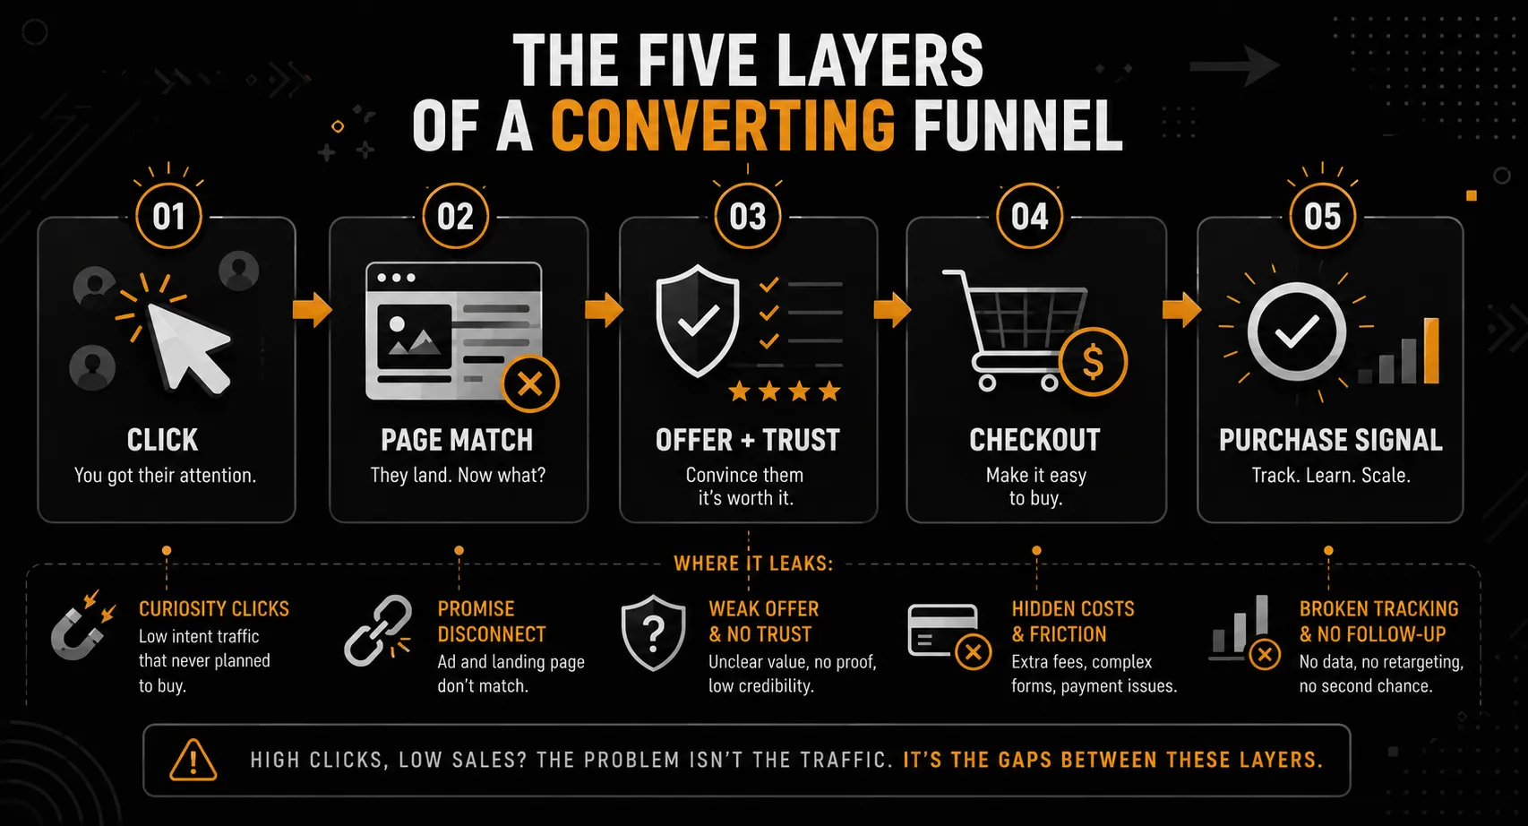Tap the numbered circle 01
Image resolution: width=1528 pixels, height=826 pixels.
pos(168,216)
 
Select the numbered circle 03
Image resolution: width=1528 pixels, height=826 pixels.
pos(748,216)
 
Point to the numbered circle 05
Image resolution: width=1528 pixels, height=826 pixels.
pos(1322,216)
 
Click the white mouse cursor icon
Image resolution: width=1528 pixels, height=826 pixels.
pos(185,347)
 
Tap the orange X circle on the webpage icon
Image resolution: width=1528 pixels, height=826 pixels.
pos(530,384)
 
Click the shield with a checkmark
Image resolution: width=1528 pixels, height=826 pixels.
pos(697,321)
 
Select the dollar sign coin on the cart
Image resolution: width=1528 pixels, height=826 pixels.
pos(1093,362)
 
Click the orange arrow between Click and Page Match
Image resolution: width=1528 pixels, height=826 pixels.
pos(312,310)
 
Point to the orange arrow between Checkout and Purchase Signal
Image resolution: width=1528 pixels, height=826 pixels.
pos(1181,310)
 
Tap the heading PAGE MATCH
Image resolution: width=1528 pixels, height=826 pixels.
pos(457,440)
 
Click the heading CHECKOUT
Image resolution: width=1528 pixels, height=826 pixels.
pos(1034,440)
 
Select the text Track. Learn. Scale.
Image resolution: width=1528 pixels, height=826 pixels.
pos(1331,475)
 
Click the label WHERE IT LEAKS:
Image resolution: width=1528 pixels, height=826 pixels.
pos(754,564)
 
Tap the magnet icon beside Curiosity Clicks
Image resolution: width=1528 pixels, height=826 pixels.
pos(82,627)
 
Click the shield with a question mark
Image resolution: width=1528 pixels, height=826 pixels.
pos(653,632)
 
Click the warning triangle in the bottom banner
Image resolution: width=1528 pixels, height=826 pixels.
pos(193,760)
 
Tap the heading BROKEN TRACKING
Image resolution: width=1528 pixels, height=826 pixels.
pos(1378,608)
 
